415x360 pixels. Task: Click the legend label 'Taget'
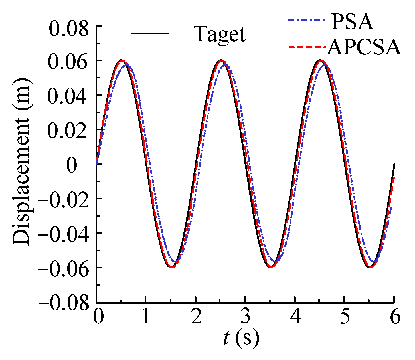point(220,34)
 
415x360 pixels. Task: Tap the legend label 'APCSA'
point(364,47)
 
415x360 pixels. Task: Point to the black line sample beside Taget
point(150,33)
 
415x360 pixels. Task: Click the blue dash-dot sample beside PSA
point(305,20)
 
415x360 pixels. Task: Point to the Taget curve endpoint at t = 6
point(394,164)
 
